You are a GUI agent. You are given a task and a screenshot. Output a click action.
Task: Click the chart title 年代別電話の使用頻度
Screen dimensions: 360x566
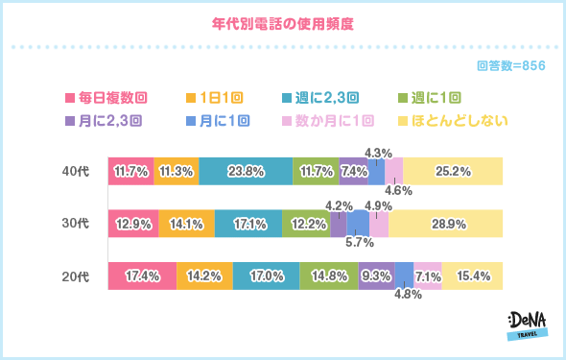pos(283,21)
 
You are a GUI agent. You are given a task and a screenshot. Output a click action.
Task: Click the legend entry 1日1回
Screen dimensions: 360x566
pos(213,98)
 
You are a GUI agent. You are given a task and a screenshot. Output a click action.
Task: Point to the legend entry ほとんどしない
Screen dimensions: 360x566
pos(459,121)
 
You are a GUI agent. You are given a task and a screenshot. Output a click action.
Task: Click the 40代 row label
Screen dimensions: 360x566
pos(75,171)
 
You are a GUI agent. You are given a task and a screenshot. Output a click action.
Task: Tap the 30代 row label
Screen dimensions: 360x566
pos(75,224)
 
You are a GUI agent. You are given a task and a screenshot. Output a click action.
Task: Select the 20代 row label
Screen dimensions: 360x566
pos(75,276)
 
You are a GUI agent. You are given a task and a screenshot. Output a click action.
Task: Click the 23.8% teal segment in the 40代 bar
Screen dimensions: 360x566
pos(247,171)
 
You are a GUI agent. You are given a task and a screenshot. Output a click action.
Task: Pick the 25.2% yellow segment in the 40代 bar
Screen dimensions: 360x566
pos(453,171)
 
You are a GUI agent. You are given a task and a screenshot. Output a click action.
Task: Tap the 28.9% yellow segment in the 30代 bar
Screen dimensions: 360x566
pos(445,224)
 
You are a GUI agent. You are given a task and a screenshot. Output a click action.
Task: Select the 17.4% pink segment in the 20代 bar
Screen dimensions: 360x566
pos(142,276)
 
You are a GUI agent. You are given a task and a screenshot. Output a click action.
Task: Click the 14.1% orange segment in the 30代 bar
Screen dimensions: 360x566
pos(186,224)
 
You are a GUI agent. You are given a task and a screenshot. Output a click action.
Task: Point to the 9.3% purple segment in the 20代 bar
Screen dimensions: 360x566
pos(376,276)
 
